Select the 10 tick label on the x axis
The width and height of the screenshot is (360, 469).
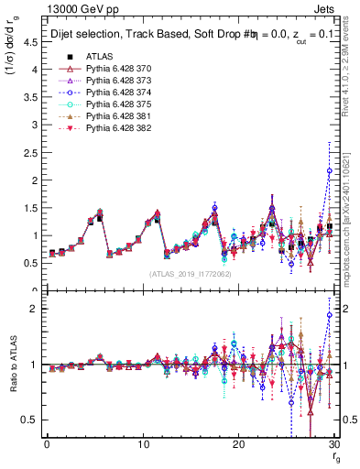pyautogui.click(x=142, y=444)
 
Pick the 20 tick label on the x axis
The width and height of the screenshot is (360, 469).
pyautogui.click(x=238, y=444)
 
